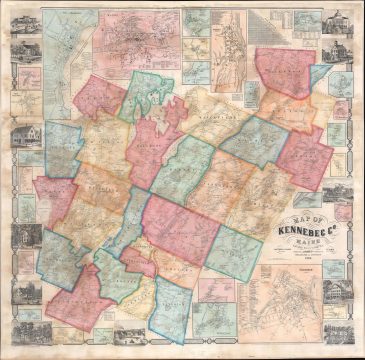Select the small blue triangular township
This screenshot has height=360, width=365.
coord(318,75)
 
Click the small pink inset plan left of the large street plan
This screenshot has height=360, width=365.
coord(215,289)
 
